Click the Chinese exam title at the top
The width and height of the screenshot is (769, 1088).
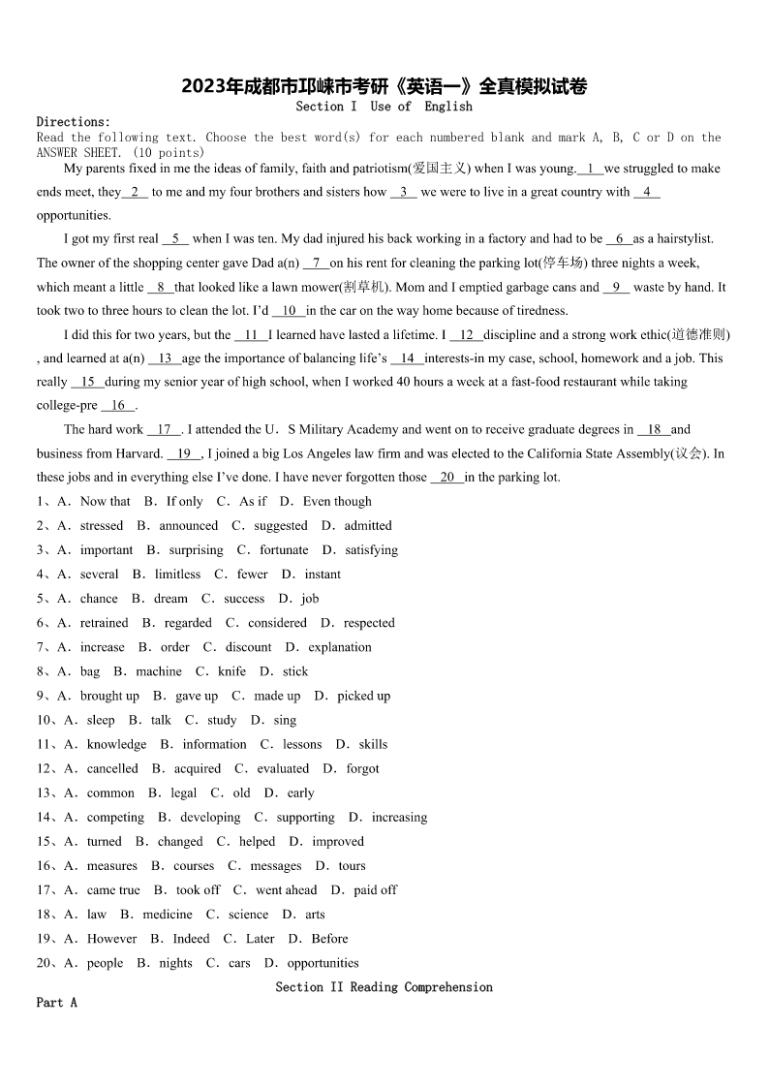384,87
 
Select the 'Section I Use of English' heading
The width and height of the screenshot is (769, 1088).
384,107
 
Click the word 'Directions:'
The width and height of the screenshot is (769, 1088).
74,122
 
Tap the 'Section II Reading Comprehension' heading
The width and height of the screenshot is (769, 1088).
384,987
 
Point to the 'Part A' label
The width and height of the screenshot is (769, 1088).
56,1003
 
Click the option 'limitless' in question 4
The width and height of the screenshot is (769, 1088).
177,575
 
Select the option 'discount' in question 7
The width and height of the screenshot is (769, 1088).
249,647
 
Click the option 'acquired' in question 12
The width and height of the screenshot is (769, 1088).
198,768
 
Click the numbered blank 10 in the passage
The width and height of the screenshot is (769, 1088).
289,311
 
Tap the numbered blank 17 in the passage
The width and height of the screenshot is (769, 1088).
164,429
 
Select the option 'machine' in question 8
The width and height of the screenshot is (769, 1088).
159,671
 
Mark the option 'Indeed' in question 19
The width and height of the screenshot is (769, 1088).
191,939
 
